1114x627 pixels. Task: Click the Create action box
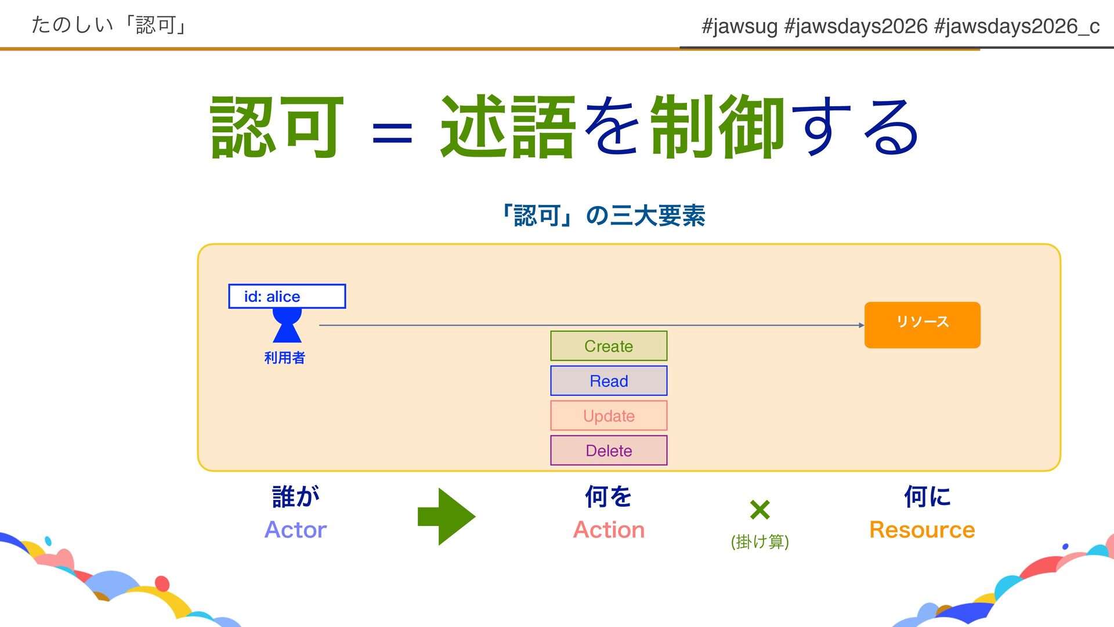(x=609, y=346)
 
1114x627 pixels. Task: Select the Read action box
(x=609, y=381)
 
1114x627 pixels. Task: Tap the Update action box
(x=609, y=416)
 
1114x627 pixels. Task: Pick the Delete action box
(x=609, y=451)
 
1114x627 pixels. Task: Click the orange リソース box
(x=922, y=325)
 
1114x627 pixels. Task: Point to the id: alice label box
(x=287, y=296)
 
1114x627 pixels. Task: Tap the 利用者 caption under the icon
(x=284, y=358)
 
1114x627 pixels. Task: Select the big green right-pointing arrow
(x=446, y=516)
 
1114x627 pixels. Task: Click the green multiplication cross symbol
(x=759, y=510)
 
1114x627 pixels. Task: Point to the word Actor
(x=295, y=529)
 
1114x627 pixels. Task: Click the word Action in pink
(x=609, y=529)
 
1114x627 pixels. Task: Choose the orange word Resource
(x=922, y=529)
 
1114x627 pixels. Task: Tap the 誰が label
(x=296, y=497)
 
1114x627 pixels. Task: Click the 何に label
(x=927, y=497)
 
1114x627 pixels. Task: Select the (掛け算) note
(x=759, y=542)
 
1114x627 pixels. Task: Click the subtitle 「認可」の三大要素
(x=603, y=216)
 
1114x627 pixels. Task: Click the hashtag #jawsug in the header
(x=739, y=26)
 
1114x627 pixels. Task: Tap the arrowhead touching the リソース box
(x=861, y=325)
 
